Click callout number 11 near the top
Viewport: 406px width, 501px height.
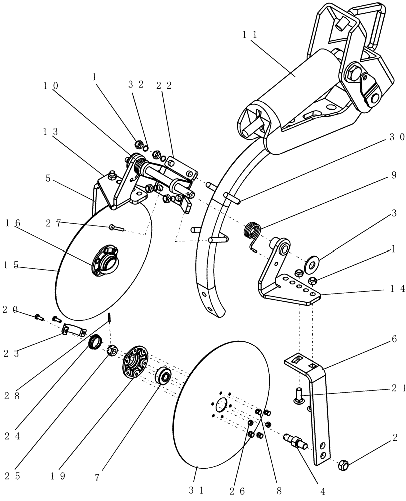[250, 35]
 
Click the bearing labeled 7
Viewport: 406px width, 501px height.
[163, 376]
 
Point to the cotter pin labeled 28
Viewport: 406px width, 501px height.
[109, 318]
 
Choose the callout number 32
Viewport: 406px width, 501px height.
[136, 85]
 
